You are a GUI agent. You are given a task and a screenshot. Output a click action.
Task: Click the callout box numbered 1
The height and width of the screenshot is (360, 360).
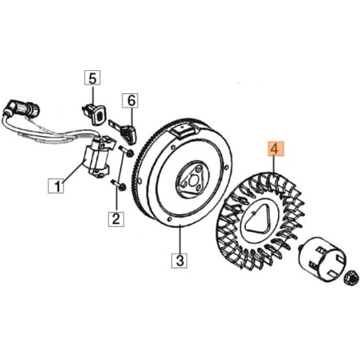pyautogui.click(x=56, y=186)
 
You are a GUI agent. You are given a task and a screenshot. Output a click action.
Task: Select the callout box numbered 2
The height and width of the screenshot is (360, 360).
pyautogui.click(x=116, y=219)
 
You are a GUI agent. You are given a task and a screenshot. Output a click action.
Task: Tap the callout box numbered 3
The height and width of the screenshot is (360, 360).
pyautogui.click(x=179, y=260)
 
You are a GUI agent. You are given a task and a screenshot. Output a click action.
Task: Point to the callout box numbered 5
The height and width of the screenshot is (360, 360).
pyautogui.click(x=92, y=77)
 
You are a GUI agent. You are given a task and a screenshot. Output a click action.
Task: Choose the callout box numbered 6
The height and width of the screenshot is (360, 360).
pyautogui.click(x=130, y=101)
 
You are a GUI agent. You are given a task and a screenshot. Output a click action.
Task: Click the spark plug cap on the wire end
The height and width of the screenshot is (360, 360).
pyautogui.click(x=22, y=108)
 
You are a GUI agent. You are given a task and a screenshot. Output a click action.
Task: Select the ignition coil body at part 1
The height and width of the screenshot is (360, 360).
pyautogui.click(x=97, y=158)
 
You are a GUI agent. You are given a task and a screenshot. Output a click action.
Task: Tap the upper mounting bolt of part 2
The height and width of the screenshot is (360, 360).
pyautogui.click(x=125, y=151)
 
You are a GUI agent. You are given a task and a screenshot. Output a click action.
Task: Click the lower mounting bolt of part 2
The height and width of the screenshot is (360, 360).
pyautogui.click(x=118, y=186)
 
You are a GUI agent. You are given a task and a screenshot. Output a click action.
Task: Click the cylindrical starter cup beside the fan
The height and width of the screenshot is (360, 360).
pyautogui.click(x=322, y=259)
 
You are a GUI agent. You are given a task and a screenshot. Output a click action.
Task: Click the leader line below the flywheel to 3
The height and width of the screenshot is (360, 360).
pyautogui.click(x=180, y=239)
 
